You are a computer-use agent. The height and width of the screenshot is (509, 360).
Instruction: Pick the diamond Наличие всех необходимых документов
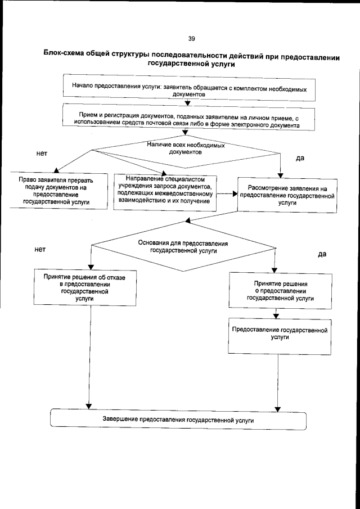[186, 149]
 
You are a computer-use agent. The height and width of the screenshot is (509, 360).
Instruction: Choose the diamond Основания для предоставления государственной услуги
[183, 247]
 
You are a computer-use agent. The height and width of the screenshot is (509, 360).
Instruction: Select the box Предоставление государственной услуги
[280, 335]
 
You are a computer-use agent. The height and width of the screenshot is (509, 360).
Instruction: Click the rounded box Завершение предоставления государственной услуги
[178, 420]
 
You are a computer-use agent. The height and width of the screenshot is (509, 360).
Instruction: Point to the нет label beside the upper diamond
[41, 153]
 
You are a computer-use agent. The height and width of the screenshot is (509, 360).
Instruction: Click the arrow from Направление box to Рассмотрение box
[226, 195]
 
